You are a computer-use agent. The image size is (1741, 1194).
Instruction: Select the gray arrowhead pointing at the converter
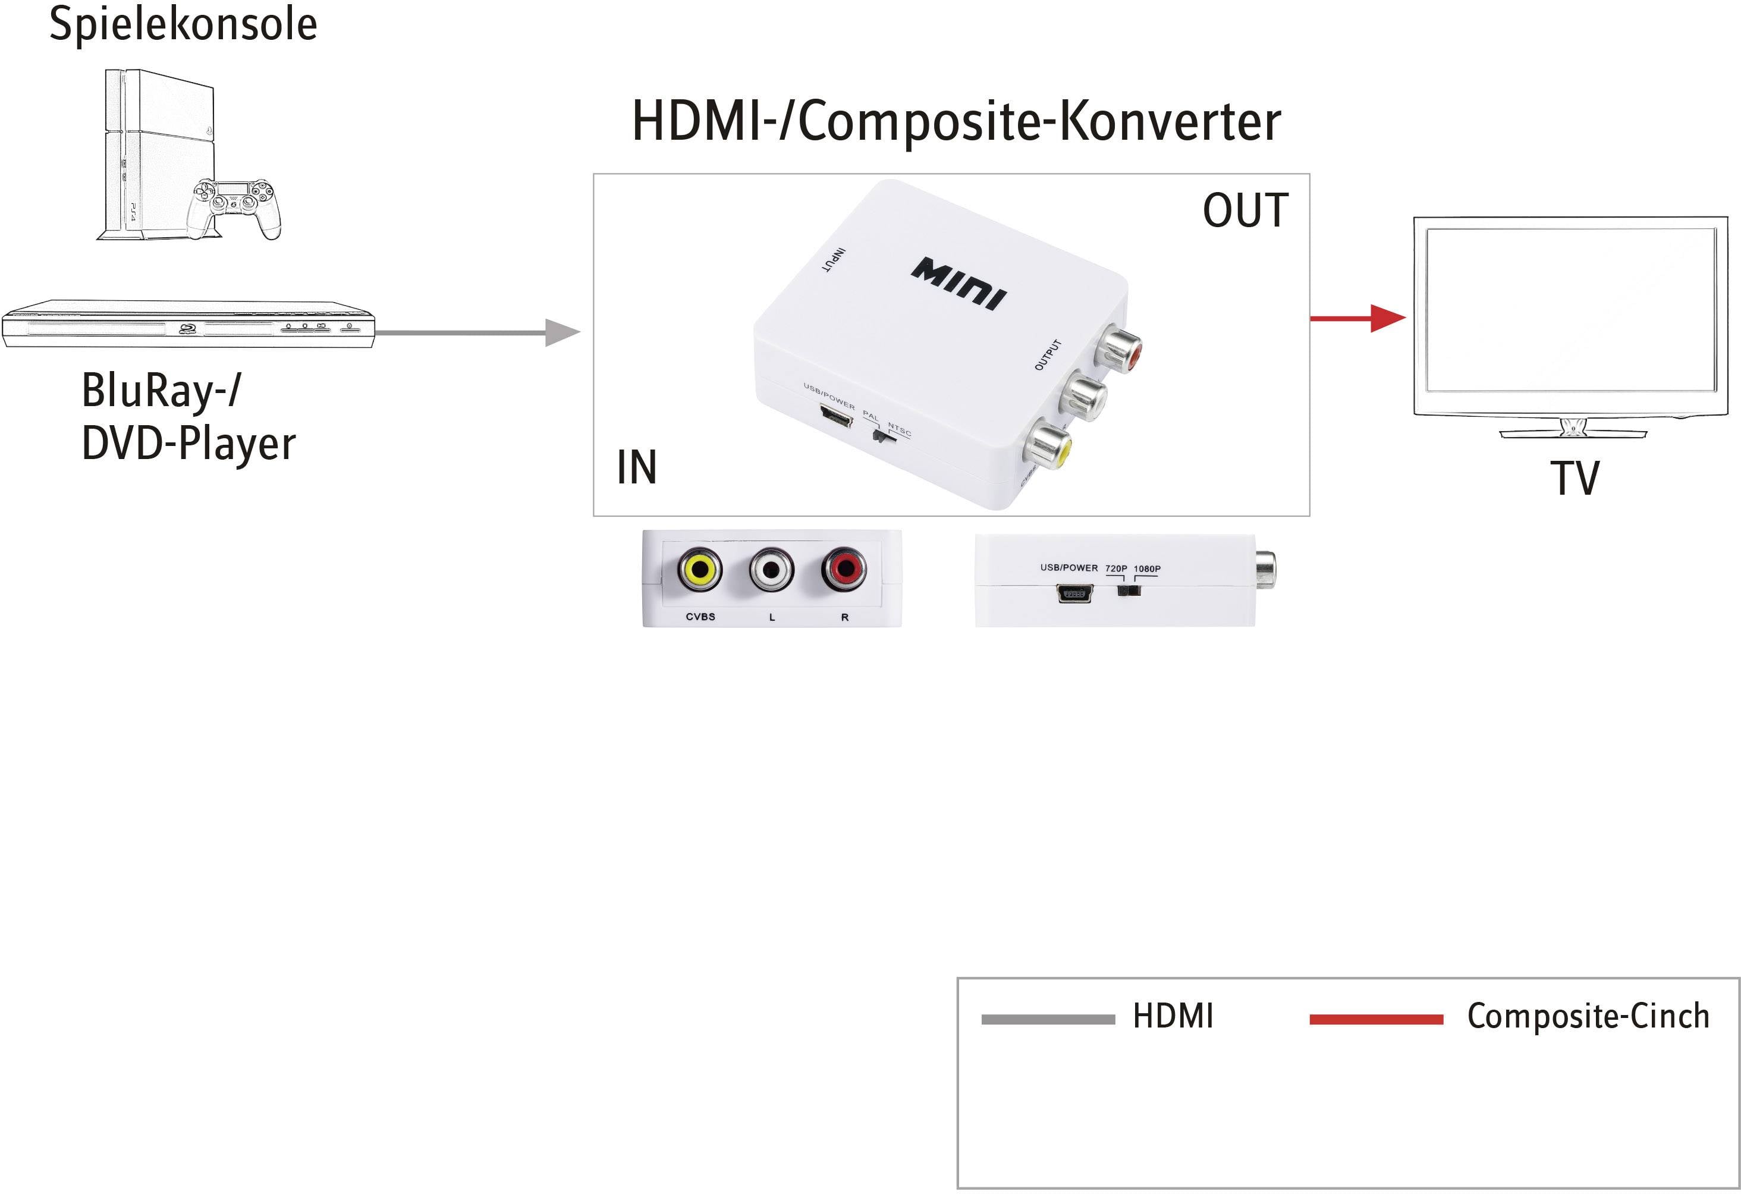tap(562, 332)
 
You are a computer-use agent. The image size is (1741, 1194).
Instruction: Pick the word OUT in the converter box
tap(1245, 210)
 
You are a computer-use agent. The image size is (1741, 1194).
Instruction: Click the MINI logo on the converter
tap(959, 283)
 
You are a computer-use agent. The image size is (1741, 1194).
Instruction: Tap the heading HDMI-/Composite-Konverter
tap(956, 121)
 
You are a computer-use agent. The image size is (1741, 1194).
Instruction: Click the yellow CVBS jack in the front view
tap(700, 570)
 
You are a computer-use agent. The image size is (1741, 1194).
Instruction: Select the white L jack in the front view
tap(772, 570)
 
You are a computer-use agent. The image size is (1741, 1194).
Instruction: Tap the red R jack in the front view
tap(844, 570)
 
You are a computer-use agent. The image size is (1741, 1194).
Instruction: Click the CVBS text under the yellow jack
tap(700, 617)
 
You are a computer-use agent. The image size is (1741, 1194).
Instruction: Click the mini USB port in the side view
tap(1074, 594)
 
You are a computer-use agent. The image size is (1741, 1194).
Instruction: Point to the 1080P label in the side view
tap(1147, 568)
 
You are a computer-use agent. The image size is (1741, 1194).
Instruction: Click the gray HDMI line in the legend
tap(1047, 1019)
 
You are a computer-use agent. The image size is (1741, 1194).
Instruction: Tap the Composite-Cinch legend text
tap(1588, 1016)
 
